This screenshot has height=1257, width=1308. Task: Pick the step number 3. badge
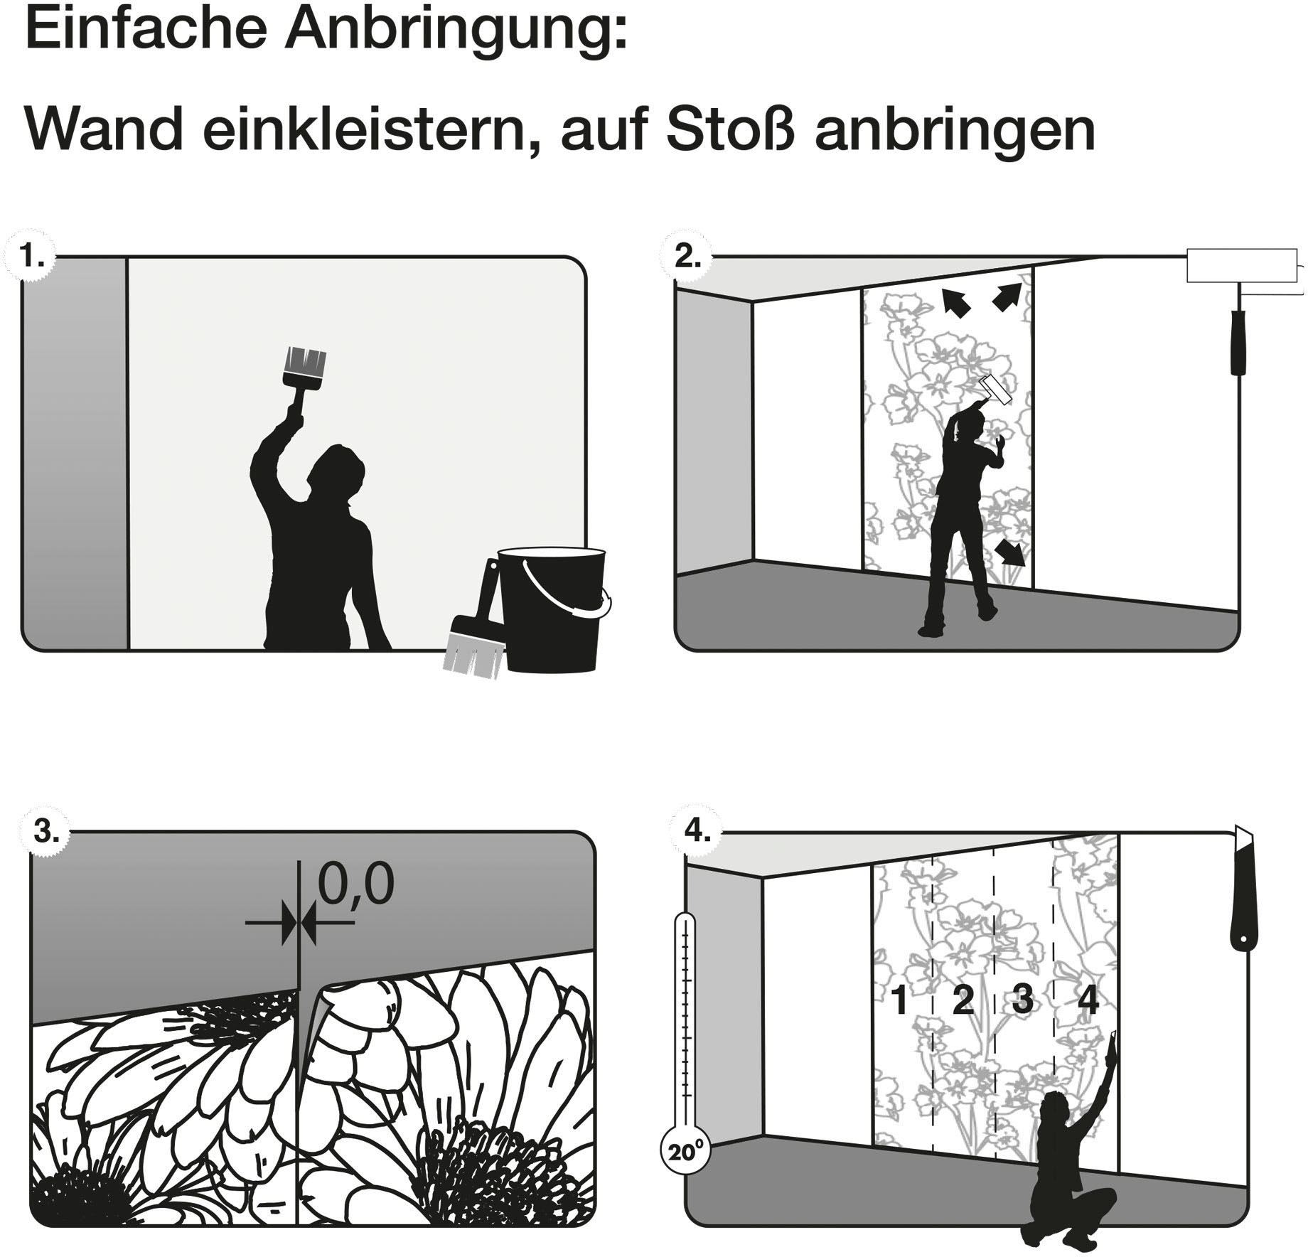point(45,831)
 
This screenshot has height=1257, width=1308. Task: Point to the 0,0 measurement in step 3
point(355,884)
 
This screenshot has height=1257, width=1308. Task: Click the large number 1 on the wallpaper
point(899,1000)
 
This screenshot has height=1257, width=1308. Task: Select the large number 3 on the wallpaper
point(1022,999)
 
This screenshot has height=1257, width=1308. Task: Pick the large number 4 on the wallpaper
point(1088,1000)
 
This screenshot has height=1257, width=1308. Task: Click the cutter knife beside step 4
point(1242,889)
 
